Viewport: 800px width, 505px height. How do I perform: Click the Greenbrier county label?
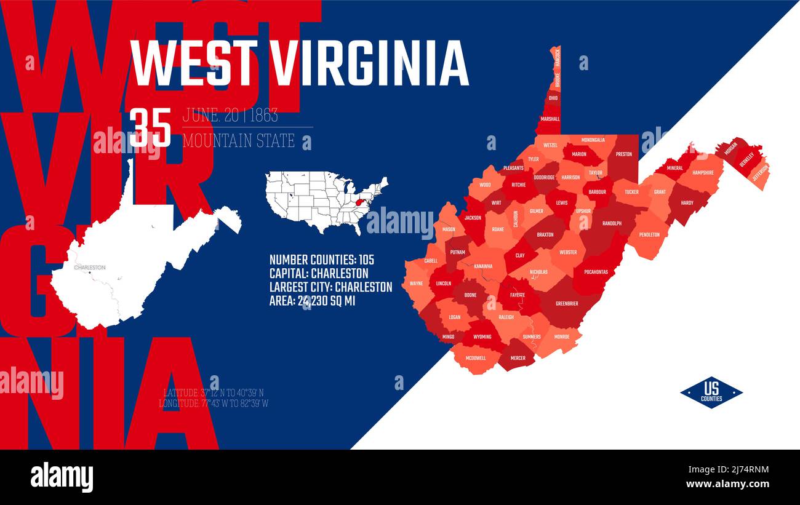566,303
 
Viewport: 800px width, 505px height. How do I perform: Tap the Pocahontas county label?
596,272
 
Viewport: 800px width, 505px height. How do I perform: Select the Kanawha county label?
483,266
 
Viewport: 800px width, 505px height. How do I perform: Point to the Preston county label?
623,154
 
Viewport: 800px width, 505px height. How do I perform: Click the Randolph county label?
612,223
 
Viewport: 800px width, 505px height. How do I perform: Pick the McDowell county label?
476,358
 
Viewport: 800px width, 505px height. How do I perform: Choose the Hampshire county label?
703,173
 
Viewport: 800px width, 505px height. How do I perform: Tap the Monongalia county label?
593,140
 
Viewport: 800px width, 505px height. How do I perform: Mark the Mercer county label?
518,357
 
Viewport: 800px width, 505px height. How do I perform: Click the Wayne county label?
416,284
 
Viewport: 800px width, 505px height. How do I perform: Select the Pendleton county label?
649,234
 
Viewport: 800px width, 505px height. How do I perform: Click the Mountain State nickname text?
239,141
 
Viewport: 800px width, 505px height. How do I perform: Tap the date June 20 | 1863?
230,115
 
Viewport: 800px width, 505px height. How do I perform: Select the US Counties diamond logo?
711,392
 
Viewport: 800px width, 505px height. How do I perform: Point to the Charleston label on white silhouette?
90,268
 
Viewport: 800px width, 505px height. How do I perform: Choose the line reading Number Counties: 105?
322,259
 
